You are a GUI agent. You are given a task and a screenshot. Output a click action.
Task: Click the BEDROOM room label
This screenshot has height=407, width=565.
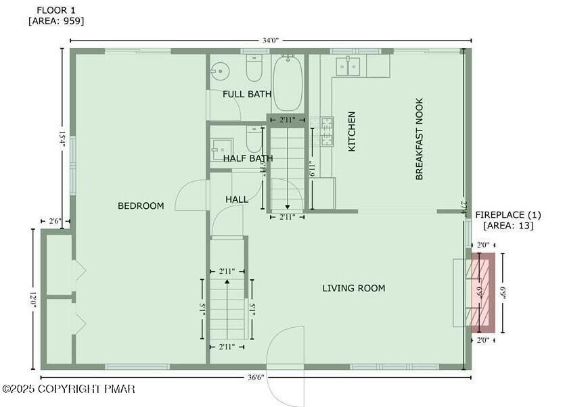point(141,206)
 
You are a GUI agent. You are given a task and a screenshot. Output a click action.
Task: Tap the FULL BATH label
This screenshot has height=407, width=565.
point(247,94)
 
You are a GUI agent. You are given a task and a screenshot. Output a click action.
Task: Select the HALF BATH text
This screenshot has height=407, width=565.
point(248,158)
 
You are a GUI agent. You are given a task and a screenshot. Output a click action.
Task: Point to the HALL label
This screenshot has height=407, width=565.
point(237,199)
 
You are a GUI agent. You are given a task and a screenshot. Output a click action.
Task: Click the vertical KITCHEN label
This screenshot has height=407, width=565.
point(352,132)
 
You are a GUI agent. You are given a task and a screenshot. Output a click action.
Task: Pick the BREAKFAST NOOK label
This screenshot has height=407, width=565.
point(419,139)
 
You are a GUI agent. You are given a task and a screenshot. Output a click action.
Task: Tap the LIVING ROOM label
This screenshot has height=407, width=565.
point(353,288)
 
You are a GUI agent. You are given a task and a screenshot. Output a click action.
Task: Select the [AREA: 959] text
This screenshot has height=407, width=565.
point(56,21)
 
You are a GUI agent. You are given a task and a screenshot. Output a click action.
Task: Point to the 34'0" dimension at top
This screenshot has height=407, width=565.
point(270,41)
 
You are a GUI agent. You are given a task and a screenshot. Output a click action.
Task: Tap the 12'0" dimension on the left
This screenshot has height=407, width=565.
point(32,300)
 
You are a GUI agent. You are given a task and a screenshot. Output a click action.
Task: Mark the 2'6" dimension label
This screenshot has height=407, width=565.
point(55,221)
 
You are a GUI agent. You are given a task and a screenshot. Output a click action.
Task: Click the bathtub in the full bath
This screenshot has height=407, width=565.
point(288,84)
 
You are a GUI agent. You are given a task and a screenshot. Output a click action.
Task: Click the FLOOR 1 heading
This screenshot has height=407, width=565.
point(55,9)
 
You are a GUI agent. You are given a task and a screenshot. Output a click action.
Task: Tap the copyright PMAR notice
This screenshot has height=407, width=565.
point(68,389)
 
